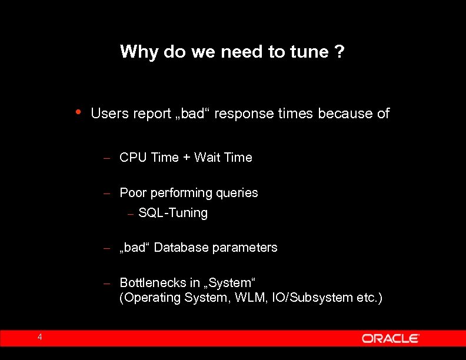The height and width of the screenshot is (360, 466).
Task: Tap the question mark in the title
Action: (339, 52)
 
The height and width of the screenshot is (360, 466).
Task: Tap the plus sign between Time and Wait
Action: (186, 158)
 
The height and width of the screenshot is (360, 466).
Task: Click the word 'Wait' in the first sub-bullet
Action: (207, 158)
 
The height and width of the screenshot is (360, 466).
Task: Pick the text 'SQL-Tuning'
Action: (173, 213)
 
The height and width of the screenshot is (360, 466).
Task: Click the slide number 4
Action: (39, 337)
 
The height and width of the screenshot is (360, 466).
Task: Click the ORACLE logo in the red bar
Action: (391, 338)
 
